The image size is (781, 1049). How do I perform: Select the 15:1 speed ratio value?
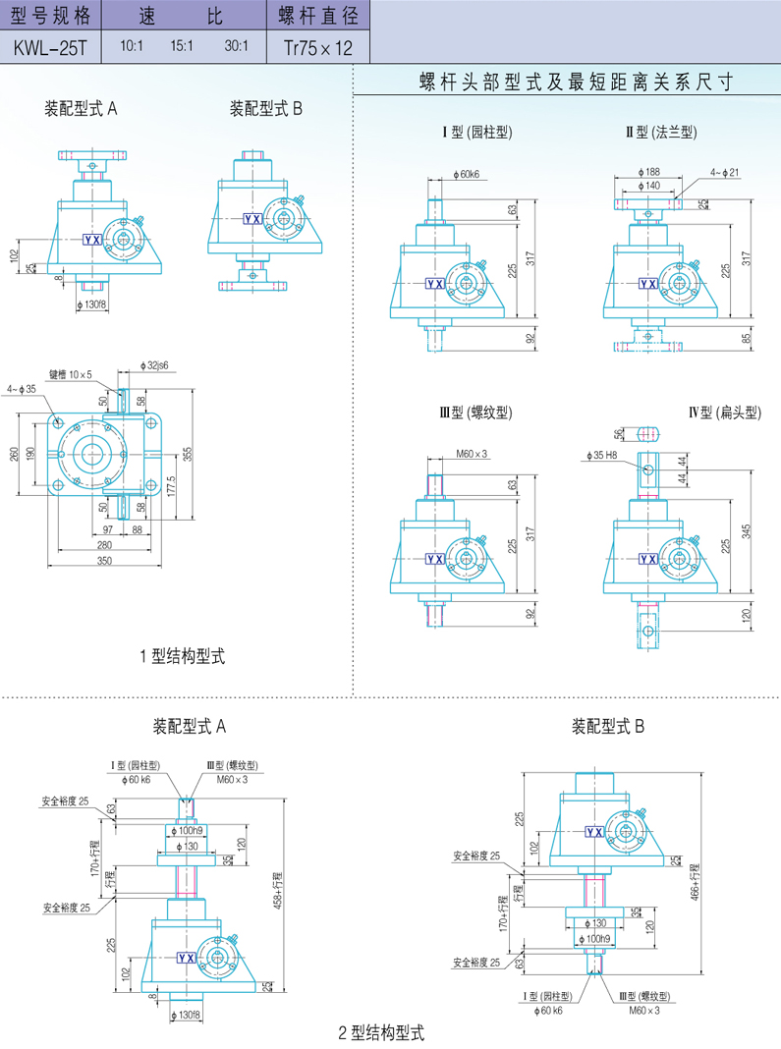pos(183,46)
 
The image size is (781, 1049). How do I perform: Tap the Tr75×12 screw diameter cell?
pos(316,46)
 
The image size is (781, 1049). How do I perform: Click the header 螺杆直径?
pos(316,16)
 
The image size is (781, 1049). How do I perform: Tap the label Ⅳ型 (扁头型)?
pos(726,413)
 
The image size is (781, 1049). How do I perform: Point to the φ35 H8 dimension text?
pos(600,456)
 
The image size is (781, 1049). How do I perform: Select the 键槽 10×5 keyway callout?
pos(71,374)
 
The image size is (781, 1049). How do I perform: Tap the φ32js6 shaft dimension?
pos(153,364)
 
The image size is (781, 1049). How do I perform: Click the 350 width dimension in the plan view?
pos(104,561)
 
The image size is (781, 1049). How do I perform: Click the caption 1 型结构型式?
pos(183,656)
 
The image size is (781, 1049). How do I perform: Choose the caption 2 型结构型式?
pos(381,1032)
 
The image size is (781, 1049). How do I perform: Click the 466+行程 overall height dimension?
pos(696,881)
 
